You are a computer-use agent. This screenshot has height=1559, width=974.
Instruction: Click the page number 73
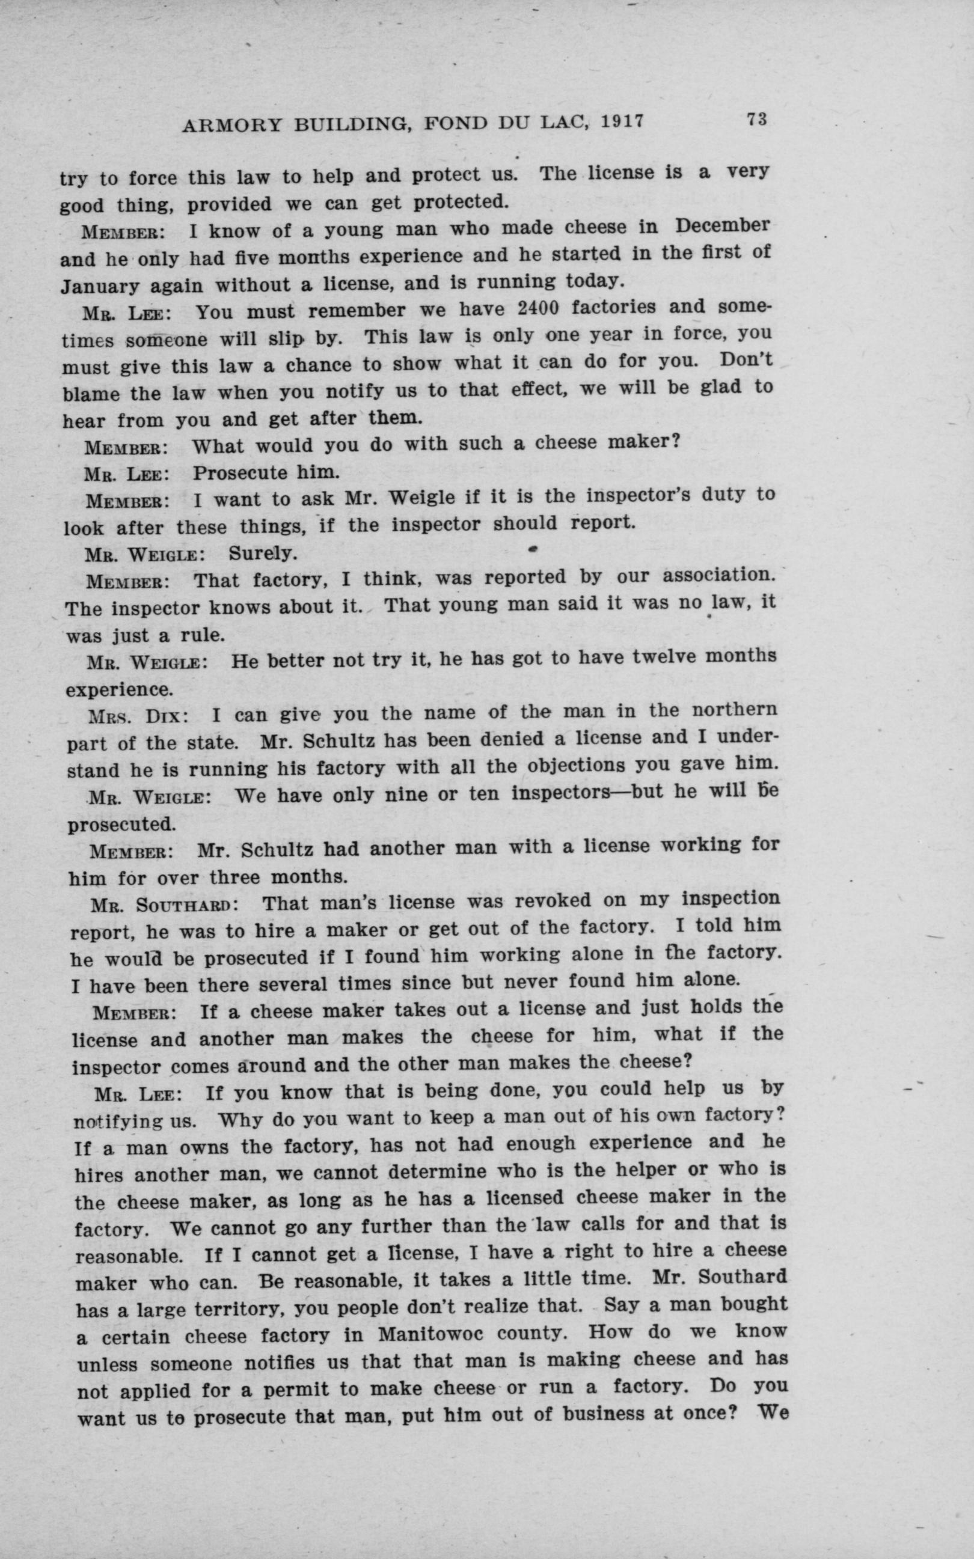[x=756, y=120]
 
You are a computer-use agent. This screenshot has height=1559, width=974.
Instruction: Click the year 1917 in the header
[x=622, y=122]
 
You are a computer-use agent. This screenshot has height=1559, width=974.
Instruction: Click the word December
[x=722, y=226]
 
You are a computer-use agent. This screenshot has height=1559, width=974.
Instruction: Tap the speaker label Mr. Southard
[x=165, y=905]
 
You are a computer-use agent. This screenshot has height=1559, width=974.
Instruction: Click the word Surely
[x=263, y=553]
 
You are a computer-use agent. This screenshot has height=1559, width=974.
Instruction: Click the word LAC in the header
[x=559, y=123]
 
